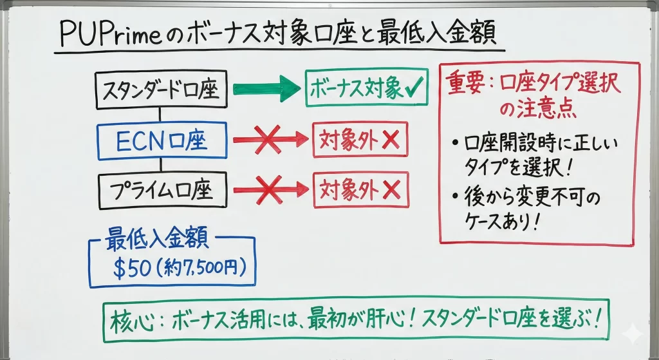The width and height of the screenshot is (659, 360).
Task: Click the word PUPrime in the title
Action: (x=109, y=34)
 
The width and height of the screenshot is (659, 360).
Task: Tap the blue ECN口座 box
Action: (x=162, y=140)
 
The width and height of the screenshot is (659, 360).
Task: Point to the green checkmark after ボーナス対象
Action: (x=413, y=89)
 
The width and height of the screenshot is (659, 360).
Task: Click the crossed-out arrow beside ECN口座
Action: (x=270, y=139)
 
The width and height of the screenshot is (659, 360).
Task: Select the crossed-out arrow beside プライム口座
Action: (x=270, y=189)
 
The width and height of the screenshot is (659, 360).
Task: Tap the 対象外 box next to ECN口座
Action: (x=360, y=139)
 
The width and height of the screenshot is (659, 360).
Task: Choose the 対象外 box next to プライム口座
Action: (x=360, y=190)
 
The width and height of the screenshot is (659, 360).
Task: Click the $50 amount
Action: (x=131, y=268)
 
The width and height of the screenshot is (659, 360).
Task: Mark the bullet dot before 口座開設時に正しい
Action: (x=456, y=143)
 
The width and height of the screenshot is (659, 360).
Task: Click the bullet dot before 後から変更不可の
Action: (x=456, y=194)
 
